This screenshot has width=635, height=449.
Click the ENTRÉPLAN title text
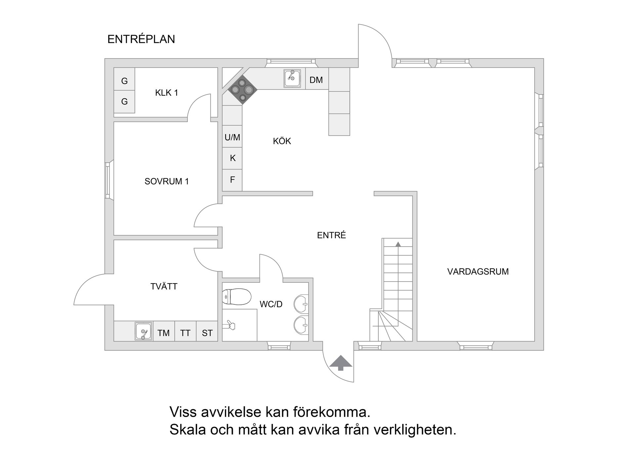141,39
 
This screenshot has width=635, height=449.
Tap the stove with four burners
243,90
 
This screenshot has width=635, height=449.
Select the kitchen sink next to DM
292,78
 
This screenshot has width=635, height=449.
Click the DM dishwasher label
316,80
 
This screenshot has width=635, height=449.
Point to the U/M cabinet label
232,137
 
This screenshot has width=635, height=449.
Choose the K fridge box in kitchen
233,158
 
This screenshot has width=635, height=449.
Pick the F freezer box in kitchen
233,180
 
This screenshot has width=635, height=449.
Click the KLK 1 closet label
166,93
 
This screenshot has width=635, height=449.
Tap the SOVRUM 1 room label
166,181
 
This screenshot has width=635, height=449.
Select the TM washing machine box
163,333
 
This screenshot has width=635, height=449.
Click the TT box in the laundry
185,333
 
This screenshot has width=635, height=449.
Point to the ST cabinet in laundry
207,333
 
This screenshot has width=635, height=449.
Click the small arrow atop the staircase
398,244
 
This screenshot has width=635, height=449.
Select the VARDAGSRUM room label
478,272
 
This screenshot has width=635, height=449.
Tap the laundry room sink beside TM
144,331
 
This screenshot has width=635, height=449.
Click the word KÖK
282,141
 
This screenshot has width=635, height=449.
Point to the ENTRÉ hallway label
331,235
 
